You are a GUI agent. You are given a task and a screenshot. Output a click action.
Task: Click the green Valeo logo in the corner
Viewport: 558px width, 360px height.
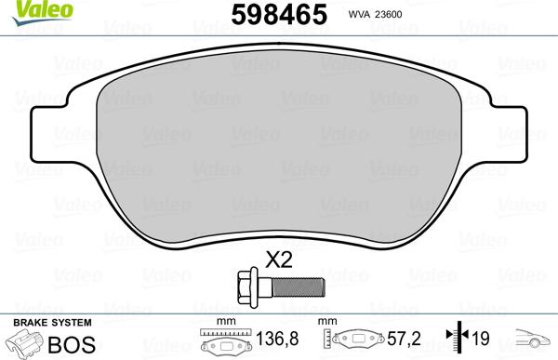coord(20,8)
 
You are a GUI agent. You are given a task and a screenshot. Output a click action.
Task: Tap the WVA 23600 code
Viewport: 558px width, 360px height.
coord(396,15)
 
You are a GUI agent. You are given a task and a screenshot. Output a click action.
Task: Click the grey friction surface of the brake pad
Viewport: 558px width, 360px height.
coord(279,140)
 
